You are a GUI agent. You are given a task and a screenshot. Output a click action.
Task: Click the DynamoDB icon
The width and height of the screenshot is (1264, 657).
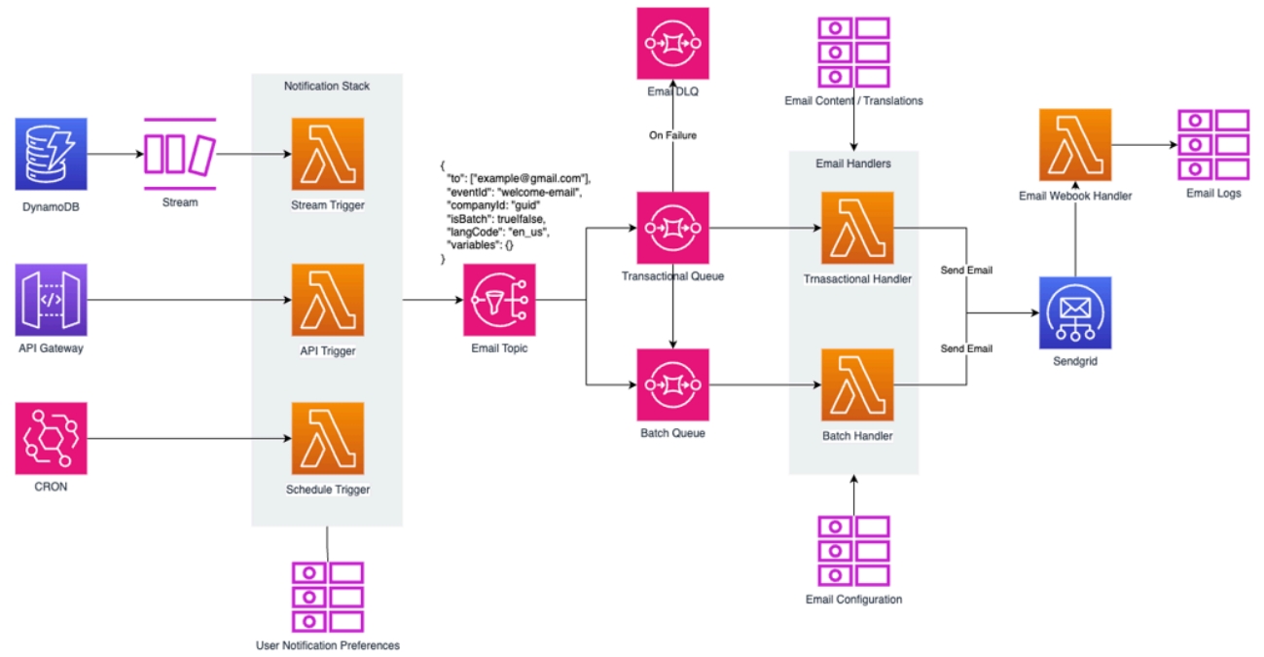point(51,154)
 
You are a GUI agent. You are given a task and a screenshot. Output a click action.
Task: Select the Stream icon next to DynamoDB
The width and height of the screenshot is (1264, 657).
point(179,154)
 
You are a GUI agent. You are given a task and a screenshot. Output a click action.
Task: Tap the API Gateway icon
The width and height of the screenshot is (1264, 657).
point(51,300)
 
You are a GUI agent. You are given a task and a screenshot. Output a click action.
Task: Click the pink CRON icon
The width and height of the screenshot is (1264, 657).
point(51,437)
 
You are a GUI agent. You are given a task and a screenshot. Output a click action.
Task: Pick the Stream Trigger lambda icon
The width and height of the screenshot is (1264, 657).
point(328,154)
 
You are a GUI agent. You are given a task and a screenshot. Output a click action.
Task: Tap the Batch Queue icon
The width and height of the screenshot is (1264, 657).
point(672,384)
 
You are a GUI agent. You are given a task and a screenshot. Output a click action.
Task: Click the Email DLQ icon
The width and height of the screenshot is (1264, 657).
point(672,43)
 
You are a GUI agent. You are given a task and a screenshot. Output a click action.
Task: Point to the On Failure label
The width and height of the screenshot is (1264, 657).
point(672,135)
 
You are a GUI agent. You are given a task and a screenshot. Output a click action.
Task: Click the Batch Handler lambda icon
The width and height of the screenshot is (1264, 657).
point(857,384)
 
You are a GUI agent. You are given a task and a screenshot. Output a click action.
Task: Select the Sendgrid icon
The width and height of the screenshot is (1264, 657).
point(1075,312)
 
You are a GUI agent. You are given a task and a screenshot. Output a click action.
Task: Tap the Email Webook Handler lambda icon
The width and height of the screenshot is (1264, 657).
point(1075,145)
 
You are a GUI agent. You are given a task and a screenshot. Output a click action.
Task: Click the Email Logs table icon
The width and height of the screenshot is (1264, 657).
point(1213,145)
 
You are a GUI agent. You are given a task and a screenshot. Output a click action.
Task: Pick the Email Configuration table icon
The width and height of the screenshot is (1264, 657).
point(853,550)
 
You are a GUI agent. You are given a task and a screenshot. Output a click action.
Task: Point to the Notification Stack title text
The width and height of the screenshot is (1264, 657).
point(327,86)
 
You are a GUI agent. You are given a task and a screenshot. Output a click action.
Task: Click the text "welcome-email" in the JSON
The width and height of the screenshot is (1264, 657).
point(539,191)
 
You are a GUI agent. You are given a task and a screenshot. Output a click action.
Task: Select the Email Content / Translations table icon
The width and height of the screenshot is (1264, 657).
point(853,53)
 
